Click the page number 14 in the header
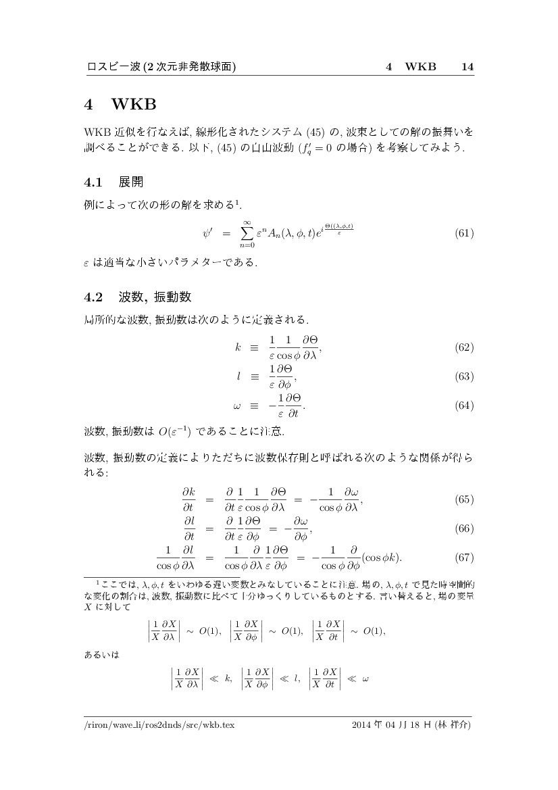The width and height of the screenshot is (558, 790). click(467, 66)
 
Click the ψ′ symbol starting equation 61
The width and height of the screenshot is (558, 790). click(208, 234)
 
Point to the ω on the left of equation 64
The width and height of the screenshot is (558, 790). click(237, 407)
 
